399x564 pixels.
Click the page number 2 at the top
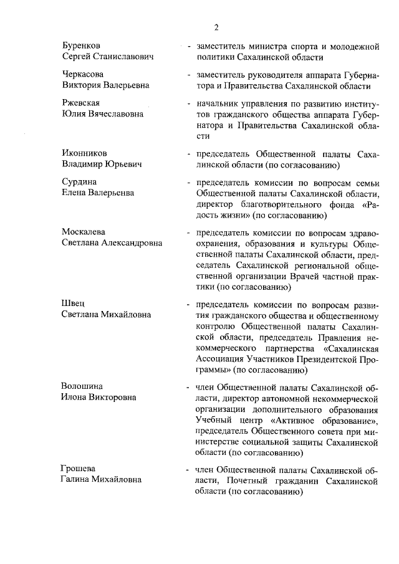point(216,27)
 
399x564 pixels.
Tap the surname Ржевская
point(81,103)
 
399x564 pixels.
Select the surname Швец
point(72,304)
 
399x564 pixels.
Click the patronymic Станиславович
point(123,57)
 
